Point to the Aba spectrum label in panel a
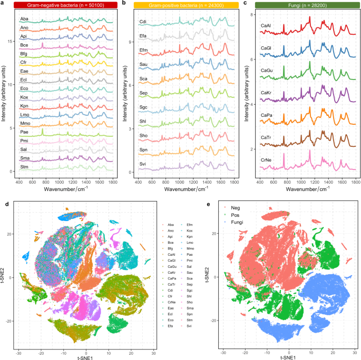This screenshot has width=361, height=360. [x=24, y=19]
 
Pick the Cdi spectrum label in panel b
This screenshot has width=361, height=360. [x=143, y=22]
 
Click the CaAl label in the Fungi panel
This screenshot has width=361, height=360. [x=266, y=25]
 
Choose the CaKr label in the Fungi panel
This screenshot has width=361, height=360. [x=266, y=93]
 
